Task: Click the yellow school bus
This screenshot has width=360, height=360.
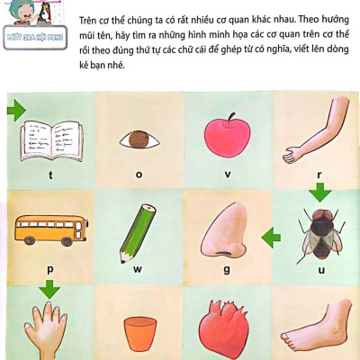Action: (x=50, y=232)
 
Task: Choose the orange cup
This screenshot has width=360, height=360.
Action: (x=137, y=333)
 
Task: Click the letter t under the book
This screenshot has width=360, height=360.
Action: (x=50, y=174)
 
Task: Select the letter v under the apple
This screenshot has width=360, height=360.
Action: (x=227, y=174)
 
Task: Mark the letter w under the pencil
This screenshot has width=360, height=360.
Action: (x=139, y=268)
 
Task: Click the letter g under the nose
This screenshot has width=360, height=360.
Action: (x=227, y=268)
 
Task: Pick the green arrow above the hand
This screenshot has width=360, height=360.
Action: (x=49, y=289)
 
